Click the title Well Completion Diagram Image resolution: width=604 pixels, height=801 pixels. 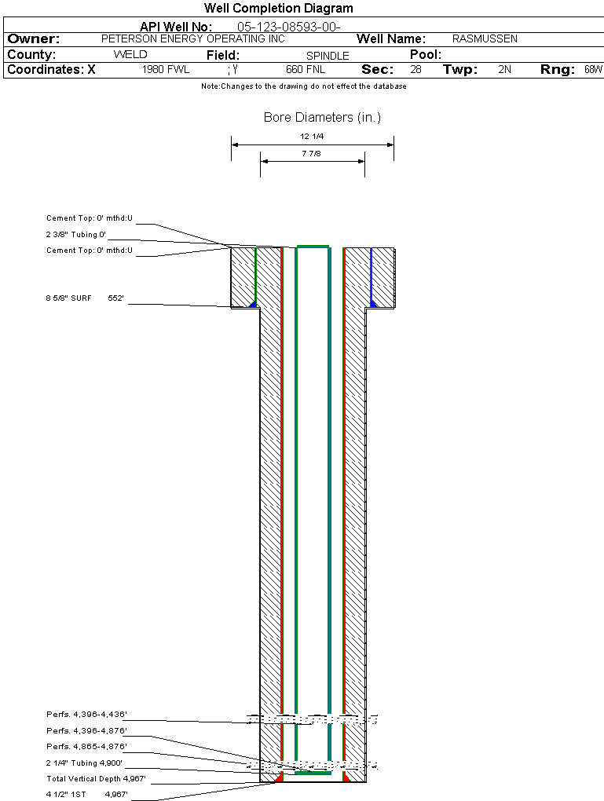click(279, 8)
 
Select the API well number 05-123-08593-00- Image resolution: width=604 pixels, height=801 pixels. click(289, 27)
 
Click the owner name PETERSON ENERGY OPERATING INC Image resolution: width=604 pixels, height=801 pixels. click(192, 38)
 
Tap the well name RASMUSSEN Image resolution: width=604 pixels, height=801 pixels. click(485, 38)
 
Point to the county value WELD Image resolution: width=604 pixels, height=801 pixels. click(130, 55)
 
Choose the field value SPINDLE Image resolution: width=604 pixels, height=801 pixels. click(328, 56)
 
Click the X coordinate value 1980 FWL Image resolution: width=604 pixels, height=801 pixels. click(166, 69)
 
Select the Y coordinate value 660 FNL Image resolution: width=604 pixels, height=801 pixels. click(306, 69)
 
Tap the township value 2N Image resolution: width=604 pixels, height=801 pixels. click(504, 69)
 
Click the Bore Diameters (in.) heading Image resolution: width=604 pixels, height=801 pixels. click(323, 118)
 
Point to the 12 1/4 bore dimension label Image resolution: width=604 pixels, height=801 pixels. click(312, 137)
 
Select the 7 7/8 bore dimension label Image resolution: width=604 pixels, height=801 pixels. click(311, 154)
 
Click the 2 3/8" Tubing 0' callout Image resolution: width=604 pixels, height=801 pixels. click(75, 235)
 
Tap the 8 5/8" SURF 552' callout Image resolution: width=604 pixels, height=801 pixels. click(85, 298)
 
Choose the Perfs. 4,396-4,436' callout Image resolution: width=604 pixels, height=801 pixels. click(86, 715)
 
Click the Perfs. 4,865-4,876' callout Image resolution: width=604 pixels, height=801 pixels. click(86, 747)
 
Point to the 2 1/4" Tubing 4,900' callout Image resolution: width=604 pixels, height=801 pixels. click(84, 763)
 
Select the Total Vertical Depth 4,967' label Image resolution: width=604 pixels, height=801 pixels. click(96, 779)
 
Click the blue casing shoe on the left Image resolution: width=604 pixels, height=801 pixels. click(252, 304)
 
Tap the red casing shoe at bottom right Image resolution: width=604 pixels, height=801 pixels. click(346, 777)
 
